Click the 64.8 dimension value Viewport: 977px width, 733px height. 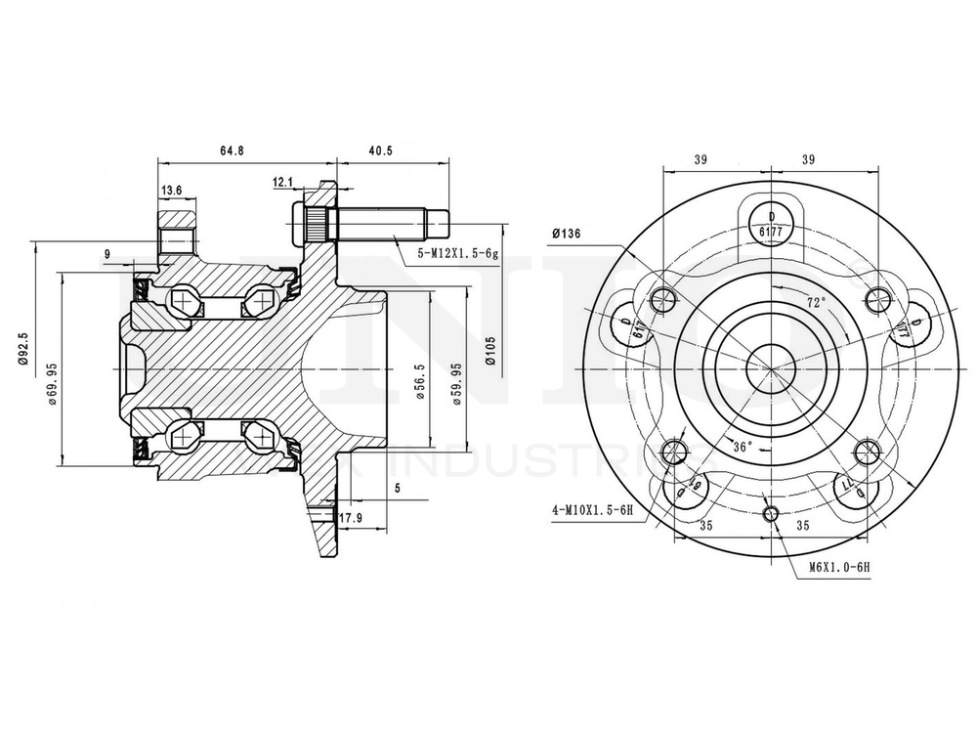[x=232, y=151]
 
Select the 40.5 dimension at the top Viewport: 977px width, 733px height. [x=380, y=151]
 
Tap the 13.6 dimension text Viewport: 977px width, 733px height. [x=172, y=190]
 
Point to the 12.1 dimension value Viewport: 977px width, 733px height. [x=283, y=182]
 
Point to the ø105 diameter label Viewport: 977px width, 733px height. [x=490, y=347]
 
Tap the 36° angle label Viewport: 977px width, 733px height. [x=742, y=447]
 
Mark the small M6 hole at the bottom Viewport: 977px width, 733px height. [x=771, y=514]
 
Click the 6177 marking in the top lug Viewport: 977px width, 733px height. [x=771, y=232]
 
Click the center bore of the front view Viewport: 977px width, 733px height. [x=771, y=366]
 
